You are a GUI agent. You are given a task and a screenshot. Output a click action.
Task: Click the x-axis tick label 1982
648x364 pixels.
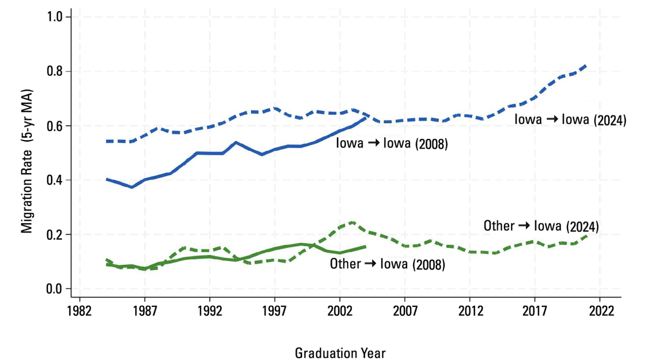click(x=80, y=313)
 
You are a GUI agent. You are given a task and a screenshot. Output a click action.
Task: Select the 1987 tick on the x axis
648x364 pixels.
click(x=145, y=313)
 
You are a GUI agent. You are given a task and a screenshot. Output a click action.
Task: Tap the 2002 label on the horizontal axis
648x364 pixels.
click(x=340, y=313)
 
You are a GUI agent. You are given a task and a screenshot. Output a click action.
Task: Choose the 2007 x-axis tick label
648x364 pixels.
click(x=405, y=313)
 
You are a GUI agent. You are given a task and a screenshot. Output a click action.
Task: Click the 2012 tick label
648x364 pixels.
click(x=470, y=313)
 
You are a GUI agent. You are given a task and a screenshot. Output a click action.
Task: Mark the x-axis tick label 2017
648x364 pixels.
click(x=535, y=313)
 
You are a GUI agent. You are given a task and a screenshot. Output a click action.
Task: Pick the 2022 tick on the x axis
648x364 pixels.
click(x=600, y=313)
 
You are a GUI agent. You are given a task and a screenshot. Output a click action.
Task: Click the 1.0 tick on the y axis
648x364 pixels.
click(x=56, y=17)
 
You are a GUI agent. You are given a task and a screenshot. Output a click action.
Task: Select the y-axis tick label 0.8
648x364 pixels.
click(x=56, y=72)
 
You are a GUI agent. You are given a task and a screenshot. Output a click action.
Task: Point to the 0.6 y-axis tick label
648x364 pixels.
click(x=56, y=126)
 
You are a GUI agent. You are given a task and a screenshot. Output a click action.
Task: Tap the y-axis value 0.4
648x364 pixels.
click(x=56, y=180)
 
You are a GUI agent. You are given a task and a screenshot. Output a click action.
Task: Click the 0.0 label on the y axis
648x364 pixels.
click(x=56, y=289)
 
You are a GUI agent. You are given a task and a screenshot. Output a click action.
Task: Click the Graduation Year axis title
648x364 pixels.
click(x=340, y=353)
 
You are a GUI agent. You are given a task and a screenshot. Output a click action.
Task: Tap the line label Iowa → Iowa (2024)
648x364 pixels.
click(x=570, y=120)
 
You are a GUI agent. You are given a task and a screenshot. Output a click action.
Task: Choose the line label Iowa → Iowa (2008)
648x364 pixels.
click(x=392, y=143)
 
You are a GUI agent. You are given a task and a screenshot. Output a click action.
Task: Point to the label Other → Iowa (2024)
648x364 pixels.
click(x=541, y=226)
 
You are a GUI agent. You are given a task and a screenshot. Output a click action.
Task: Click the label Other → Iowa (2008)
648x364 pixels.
click(x=388, y=264)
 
